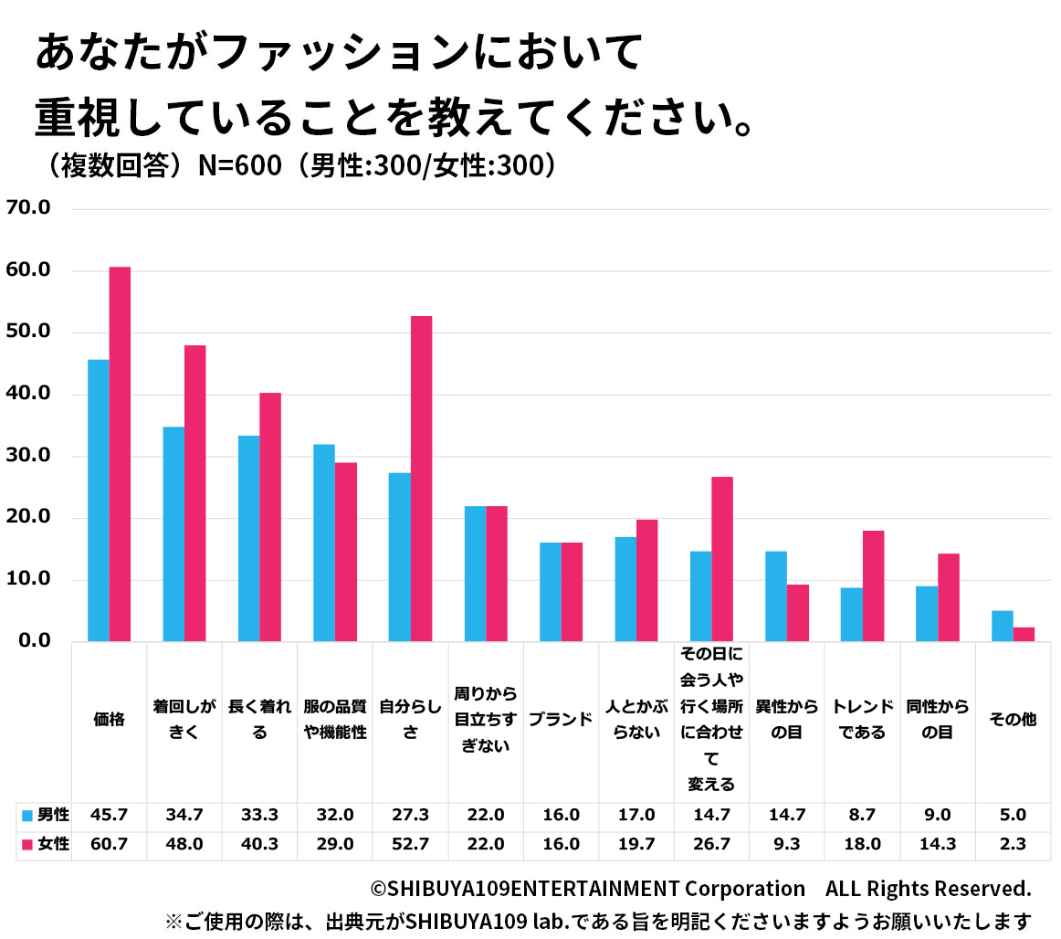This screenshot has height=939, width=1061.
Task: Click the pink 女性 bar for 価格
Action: (x=120, y=454)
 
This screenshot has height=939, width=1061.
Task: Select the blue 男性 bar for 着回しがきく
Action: (x=173, y=534)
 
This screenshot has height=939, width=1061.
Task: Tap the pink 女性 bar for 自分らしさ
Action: (x=421, y=479)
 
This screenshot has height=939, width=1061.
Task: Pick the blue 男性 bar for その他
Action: (x=1002, y=626)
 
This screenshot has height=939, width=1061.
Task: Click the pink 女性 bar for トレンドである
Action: (x=873, y=586)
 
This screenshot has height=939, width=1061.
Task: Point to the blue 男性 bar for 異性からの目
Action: (x=775, y=596)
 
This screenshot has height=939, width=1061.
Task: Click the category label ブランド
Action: (x=561, y=719)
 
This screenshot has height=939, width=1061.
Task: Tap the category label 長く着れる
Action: (x=259, y=719)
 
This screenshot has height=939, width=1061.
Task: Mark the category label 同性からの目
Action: (x=937, y=719)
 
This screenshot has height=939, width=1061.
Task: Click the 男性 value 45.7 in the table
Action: (x=109, y=815)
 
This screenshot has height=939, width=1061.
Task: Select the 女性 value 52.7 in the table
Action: (x=410, y=844)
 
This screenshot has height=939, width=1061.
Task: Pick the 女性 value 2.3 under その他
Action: (x=1013, y=844)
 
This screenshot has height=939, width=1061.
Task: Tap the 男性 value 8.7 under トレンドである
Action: (x=862, y=815)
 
